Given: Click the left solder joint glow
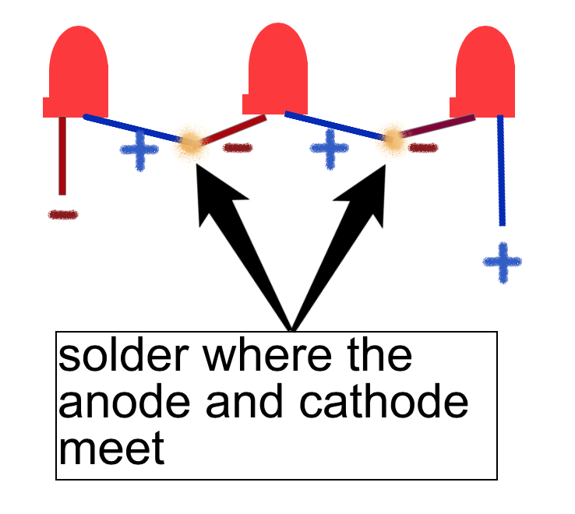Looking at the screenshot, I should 190,143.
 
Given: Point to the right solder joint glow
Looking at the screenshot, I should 393,140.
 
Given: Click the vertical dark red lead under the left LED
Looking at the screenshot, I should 62,156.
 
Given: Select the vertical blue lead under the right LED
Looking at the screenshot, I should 500,171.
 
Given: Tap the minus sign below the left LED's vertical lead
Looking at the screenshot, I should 63,214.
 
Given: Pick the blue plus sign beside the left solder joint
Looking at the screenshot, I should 139,151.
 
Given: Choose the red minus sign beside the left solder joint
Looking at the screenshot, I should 237,147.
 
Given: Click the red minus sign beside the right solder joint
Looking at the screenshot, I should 423,146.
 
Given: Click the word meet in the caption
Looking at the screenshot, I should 112,448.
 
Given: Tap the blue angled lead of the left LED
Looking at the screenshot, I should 132,128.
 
